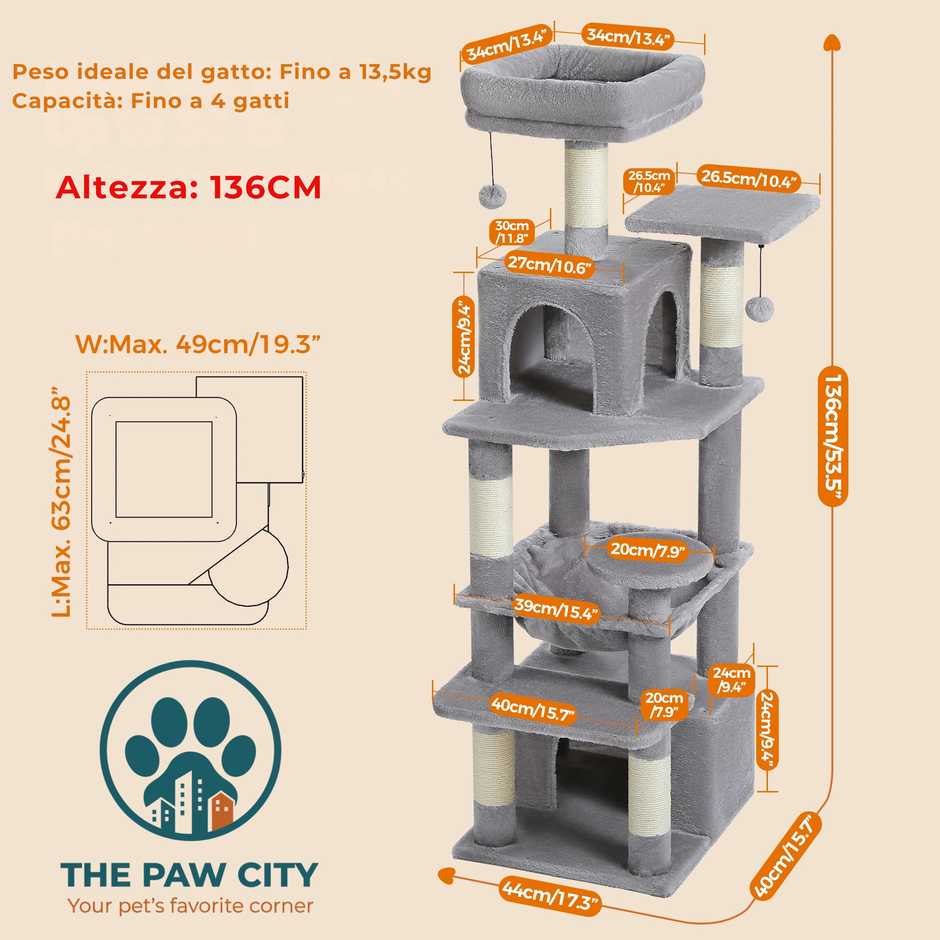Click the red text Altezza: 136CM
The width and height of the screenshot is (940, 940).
tap(189, 187)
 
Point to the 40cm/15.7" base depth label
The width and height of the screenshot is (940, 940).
tap(785, 855)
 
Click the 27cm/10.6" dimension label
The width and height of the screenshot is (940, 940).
tap(550, 265)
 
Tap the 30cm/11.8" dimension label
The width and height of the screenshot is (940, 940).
tap(512, 232)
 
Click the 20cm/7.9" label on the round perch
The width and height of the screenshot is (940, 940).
tap(648, 550)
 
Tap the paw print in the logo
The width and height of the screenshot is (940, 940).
tap(190, 748)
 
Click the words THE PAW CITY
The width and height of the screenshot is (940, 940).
tap(189, 875)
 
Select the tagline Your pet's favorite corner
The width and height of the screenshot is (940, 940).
tap(190, 906)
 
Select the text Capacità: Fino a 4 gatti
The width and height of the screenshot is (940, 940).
tap(150, 101)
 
